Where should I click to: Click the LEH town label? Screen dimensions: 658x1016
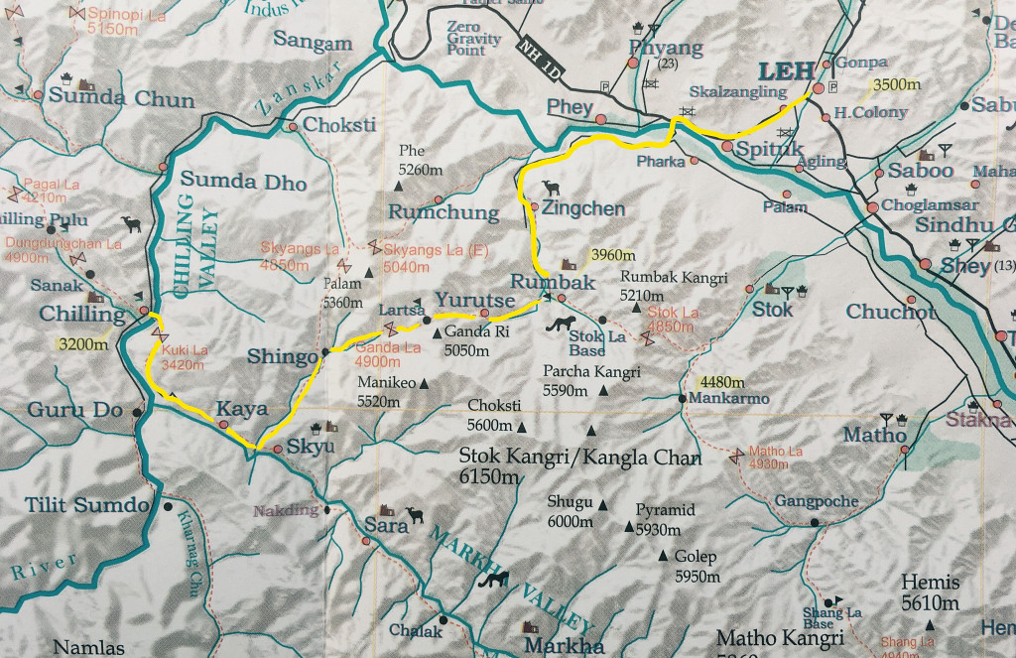point(786,71)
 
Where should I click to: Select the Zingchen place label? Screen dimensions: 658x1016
point(583,209)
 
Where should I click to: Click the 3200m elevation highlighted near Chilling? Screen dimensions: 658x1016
point(79,346)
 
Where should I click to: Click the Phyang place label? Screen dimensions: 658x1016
point(666,48)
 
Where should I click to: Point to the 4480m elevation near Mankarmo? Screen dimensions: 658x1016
point(722,382)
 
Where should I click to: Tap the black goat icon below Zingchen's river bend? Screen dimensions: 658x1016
point(549,187)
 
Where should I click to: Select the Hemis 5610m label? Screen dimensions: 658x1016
point(930,592)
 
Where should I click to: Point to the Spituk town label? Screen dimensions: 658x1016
point(756,148)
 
